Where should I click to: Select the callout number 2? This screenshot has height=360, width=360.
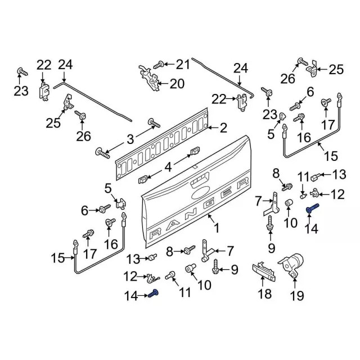click(x=223, y=128)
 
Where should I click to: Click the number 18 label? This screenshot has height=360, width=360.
click(x=263, y=293)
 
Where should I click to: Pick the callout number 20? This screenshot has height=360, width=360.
click(x=177, y=84)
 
